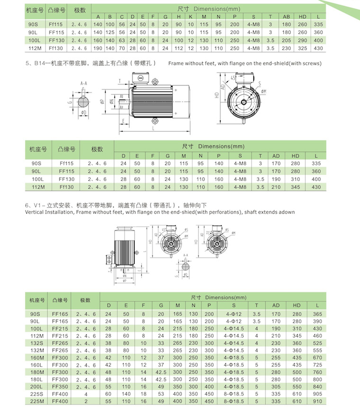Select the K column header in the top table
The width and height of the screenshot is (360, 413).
(x=190, y=17)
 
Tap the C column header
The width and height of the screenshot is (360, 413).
(x=122, y=17)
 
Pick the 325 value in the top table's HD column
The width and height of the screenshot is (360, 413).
(x=302, y=48)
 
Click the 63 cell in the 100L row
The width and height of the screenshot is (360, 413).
(x=122, y=40)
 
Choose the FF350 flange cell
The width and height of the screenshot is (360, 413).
(x=61, y=386)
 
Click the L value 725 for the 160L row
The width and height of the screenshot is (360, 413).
(x=317, y=365)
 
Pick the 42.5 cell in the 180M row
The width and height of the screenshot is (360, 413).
(x=161, y=372)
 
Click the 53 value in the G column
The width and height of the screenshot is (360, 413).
(x=161, y=394)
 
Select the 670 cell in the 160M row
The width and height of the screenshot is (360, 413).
(x=317, y=357)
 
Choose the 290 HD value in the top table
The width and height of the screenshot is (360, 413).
(x=302, y=40)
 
